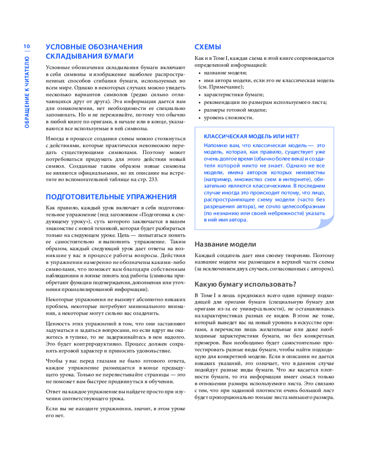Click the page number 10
point(26,46)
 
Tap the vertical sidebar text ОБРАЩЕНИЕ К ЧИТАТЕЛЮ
point(26,92)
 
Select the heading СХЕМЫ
point(207,47)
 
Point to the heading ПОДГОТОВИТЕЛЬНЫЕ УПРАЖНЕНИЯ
point(111,197)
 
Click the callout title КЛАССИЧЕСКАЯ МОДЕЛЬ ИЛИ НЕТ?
point(251,136)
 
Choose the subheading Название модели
point(225,244)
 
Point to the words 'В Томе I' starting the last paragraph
point(205,296)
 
